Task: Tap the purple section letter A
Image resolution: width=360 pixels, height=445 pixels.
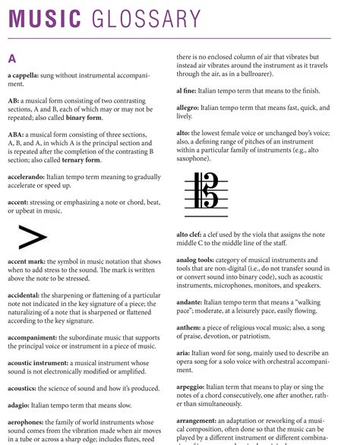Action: [12, 58]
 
